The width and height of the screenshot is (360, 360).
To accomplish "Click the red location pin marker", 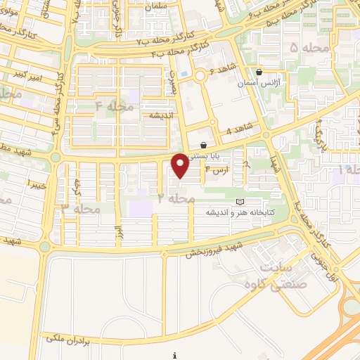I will point(180,165).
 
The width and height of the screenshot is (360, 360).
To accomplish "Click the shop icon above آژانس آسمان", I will point(259,71).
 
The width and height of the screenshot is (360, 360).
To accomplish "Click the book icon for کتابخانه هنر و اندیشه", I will point(240,202).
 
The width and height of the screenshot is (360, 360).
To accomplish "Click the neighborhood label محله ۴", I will point(114,105).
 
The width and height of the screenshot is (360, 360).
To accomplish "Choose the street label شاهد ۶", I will point(221,71).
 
